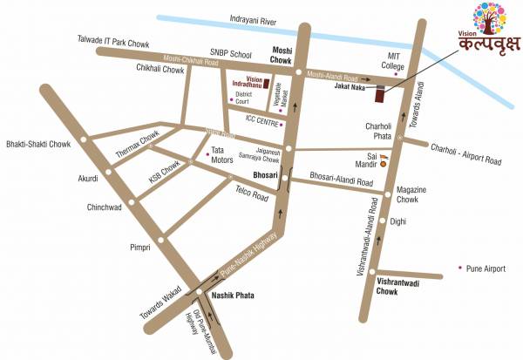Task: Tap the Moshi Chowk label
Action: click(x=282, y=57)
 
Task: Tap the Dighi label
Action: click(x=398, y=221)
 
